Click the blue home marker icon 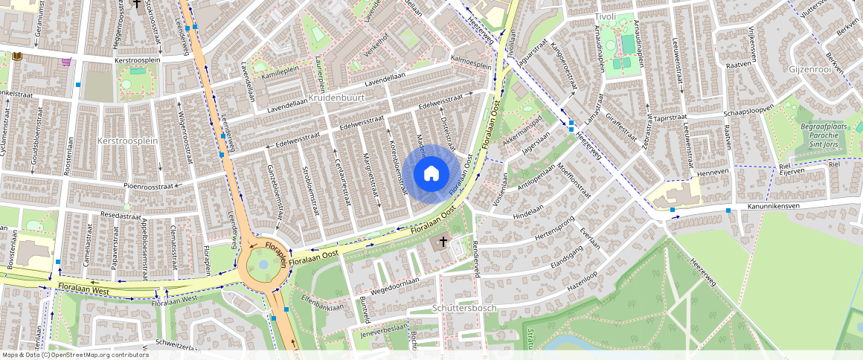point(431,174)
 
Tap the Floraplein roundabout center point(263,264)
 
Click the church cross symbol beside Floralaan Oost point(443,241)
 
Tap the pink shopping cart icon point(67,62)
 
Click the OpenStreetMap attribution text point(75,355)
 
